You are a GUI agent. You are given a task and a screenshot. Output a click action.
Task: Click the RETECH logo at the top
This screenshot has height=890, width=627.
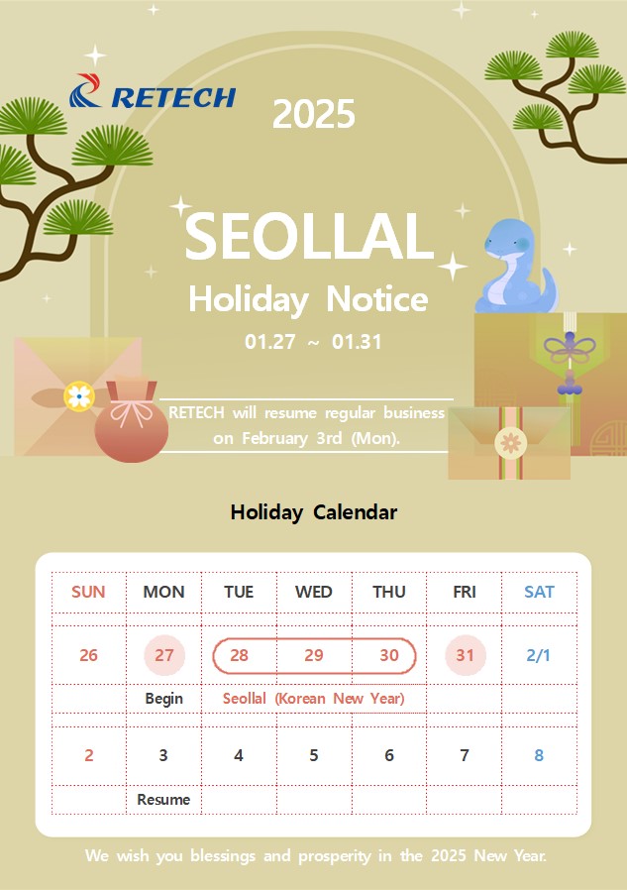(x=153, y=91)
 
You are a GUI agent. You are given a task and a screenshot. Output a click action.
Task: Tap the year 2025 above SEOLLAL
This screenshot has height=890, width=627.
(x=314, y=114)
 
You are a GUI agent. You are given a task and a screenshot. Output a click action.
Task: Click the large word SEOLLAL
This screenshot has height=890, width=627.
(x=309, y=236)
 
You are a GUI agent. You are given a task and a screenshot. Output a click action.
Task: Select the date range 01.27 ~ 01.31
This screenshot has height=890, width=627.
(x=313, y=342)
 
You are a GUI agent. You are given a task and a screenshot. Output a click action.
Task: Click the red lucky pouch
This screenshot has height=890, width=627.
(x=131, y=419)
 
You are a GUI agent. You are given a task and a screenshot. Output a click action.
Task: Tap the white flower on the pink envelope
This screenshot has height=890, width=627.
(x=79, y=395)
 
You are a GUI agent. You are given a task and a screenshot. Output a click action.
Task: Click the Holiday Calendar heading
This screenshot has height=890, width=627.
(x=314, y=512)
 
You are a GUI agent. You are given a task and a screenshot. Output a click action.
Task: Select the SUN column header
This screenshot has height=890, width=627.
(x=88, y=592)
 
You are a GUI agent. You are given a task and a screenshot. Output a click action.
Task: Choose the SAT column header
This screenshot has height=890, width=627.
(x=539, y=592)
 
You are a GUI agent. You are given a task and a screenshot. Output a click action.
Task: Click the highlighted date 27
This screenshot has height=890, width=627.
(x=164, y=655)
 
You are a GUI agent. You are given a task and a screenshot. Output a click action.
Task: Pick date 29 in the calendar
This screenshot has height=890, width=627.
(x=314, y=655)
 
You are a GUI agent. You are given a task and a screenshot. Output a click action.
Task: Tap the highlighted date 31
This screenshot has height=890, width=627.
(x=466, y=655)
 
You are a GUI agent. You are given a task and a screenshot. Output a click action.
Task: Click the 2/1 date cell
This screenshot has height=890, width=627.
(x=539, y=655)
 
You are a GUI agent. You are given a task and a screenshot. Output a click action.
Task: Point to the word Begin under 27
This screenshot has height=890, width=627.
(x=164, y=698)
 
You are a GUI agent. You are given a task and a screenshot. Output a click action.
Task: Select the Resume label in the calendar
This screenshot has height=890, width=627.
(x=163, y=799)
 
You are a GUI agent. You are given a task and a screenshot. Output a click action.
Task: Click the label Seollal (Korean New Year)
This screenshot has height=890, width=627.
(x=314, y=698)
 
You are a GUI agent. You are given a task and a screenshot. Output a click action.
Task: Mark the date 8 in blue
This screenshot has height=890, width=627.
(x=539, y=755)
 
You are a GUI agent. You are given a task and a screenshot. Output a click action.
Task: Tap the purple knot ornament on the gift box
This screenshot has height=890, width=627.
(x=570, y=347)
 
